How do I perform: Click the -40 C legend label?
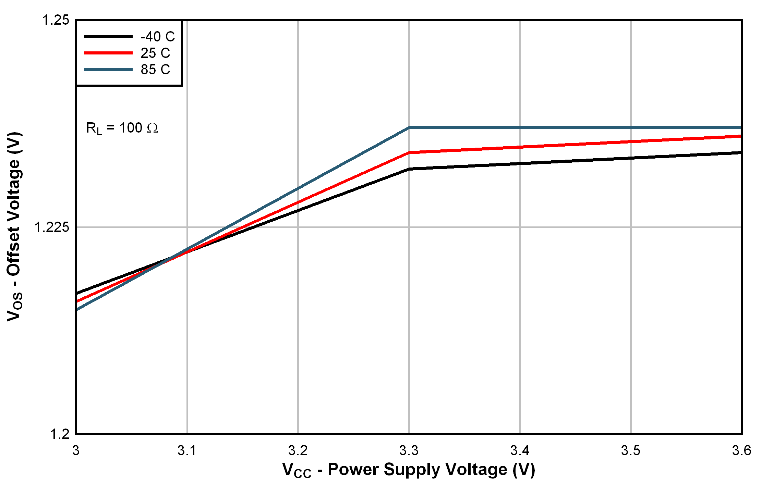[157, 37]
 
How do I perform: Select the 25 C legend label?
[155, 53]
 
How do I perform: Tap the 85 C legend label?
[155, 70]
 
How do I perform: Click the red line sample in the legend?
[108, 53]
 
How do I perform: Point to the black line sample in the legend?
[108, 36]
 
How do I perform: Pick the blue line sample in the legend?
[108, 70]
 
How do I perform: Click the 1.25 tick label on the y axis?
[55, 20]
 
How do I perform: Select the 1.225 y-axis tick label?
[51, 227]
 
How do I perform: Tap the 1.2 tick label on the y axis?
[60, 434]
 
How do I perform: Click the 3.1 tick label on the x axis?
[187, 451]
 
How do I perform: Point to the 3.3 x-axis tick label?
[409, 451]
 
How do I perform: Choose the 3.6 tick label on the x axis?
[741, 451]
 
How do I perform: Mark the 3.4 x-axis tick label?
[520, 451]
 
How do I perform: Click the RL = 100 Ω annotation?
[122, 128]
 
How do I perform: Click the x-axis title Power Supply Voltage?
[409, 470]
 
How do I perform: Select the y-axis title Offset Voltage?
[14, 226]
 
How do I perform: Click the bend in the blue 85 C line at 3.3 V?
[409, 128]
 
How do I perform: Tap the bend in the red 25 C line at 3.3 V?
[409, 152]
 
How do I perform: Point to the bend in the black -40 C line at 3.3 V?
[409, 169]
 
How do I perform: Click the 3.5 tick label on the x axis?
[631, 451]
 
